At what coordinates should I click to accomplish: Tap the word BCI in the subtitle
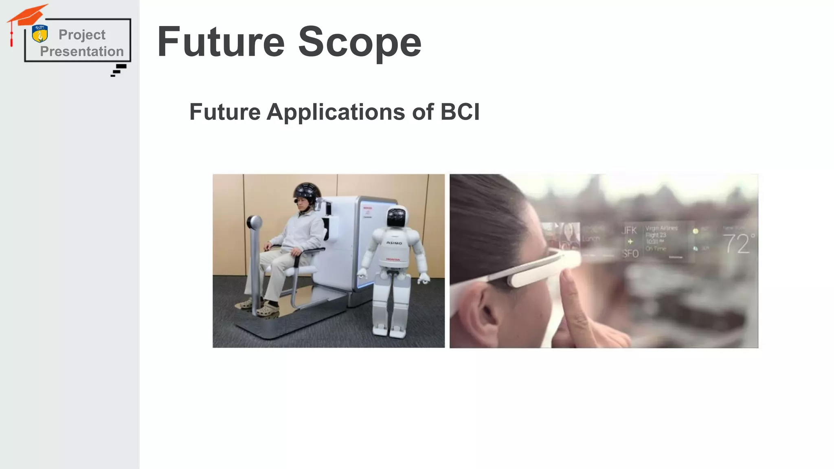(460, 112)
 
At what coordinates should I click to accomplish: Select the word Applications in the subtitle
(336, 112)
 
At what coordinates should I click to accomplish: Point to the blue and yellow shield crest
(40, 34)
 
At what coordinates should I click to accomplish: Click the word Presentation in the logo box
(82, 51)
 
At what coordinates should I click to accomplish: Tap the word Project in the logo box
(82, 35)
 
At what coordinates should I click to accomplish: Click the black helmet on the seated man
(307, 192)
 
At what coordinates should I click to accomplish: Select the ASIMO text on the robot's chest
(394, 243)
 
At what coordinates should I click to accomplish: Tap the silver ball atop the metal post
(254, 222)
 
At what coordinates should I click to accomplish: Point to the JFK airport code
(629, 230)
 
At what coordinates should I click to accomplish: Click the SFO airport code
(630, 254)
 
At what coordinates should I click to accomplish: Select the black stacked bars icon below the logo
(119, 70)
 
